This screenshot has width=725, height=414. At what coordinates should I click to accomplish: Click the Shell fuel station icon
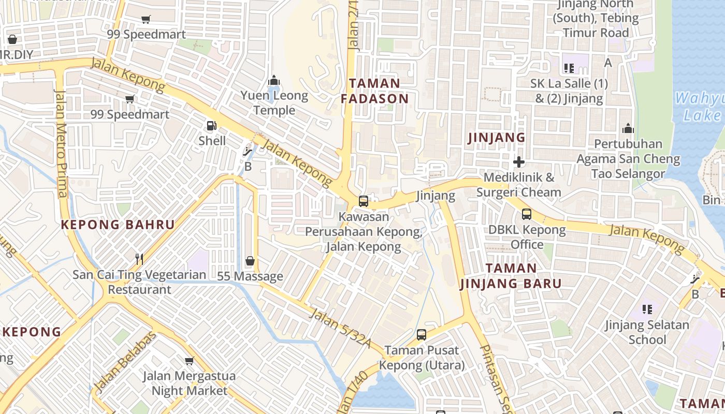tap(211, 125)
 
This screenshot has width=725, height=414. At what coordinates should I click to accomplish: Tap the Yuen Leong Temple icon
tap(274, 80)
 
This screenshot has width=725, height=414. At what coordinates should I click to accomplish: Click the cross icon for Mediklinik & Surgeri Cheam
tap(518, 162)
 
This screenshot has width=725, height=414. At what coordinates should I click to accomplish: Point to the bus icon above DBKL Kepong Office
tap(527, 214)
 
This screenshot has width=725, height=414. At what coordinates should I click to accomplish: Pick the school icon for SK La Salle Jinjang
tap(569, 68)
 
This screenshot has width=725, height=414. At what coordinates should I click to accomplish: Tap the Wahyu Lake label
tap(699, 106)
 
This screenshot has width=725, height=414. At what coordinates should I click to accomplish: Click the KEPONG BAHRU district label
tap(118, 225)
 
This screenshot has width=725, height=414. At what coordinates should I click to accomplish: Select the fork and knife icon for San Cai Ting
tap(139, 259)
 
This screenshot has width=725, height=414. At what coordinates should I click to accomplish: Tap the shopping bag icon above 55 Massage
tap(250, 261)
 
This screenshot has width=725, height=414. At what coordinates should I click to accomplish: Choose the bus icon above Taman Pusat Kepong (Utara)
tap(422, 335)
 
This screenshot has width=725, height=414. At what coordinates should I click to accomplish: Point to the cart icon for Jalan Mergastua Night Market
tap(190, 361)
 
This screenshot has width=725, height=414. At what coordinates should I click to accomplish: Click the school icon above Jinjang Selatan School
tap(647, 309)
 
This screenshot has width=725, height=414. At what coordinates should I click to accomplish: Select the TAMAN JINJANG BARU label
tap(511, 276)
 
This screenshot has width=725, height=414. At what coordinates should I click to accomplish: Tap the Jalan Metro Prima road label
tap(61, 143)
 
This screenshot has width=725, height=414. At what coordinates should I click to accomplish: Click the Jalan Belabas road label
tap(125, 361)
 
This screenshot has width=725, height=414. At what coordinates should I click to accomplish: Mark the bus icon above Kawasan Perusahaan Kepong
tap(364, 201)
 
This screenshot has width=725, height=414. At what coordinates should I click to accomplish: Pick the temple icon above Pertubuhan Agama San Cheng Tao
tap(628, 128)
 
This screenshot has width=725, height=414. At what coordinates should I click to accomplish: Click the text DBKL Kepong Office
tap(527, 237)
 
